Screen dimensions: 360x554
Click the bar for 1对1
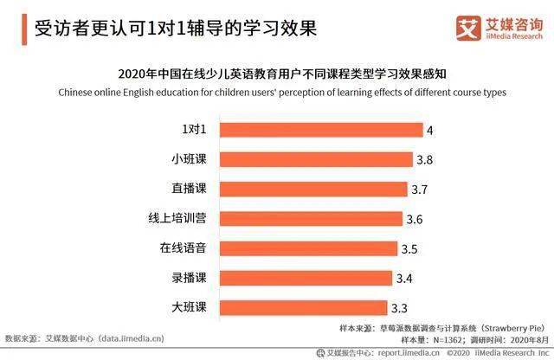(x=320, y=130)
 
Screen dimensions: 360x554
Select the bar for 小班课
(x=316, y=159)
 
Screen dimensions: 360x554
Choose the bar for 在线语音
(x=308, y=248)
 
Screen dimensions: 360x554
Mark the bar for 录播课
(x=306, y=278)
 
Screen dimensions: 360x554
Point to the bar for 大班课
(x=303, y=307)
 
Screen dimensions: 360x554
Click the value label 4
(x=429, y=130)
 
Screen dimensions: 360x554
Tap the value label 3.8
(x=425, y=160)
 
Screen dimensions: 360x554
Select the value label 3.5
(x=409, y=249)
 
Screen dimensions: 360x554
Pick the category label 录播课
(x=190, y=278)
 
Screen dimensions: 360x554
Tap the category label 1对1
(x=194, y=130)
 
